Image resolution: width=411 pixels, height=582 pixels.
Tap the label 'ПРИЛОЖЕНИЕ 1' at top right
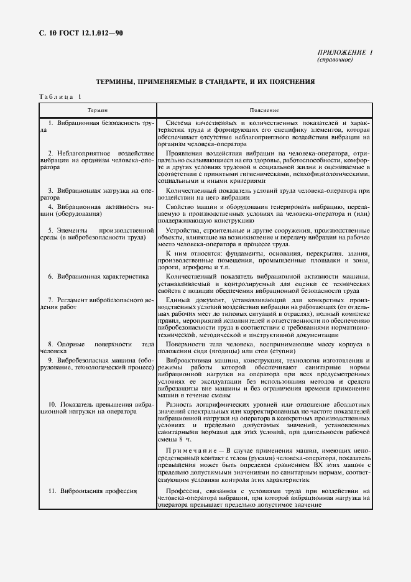click(x=344, y=53)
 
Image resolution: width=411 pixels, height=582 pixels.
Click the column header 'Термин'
click(x=97, y=109)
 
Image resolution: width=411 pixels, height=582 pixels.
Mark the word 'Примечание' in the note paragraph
click(x=195, y=450)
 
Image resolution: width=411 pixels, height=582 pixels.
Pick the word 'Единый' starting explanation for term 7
click(x=179, y=300)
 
